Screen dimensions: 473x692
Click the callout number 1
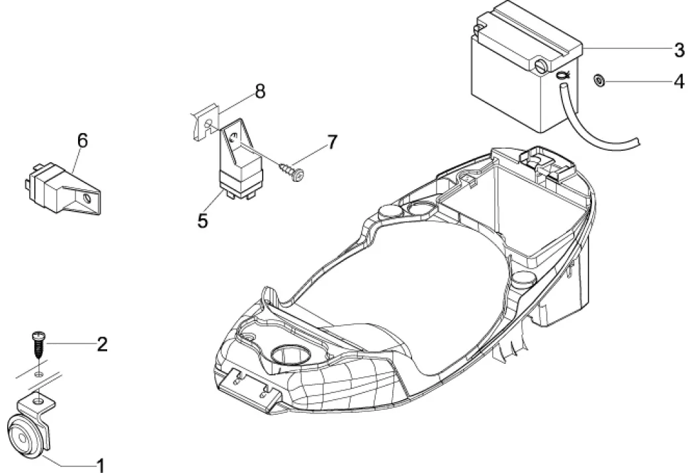click(101, 466)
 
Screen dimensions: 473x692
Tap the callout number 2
click(101, 344)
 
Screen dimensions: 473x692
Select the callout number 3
click(679, 50)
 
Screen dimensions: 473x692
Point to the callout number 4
click(679, 82)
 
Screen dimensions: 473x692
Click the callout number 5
click(203, 220)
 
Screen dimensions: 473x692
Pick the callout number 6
click(82, 140)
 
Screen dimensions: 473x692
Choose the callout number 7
click(331, 142)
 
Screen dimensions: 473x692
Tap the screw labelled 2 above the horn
click(38, 344)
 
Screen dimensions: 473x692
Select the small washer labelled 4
click(598, 81)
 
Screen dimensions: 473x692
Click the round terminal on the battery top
click(541, 65)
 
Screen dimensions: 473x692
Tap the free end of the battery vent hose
click(638, 141)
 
